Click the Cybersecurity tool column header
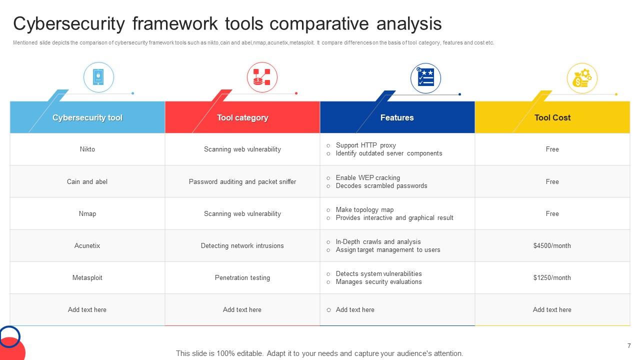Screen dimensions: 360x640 pos(87,118)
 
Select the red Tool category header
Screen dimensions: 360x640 pos(242,118)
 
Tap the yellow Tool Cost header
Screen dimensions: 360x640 pos(552,118)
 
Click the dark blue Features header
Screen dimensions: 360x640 pos(397,118)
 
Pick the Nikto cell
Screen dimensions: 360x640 pos(87,149)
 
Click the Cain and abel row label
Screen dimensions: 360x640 pos(87,181)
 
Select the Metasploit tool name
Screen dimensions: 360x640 pos(87,277)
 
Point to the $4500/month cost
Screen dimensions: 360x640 pos(552,245)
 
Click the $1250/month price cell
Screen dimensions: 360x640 pos(552,277)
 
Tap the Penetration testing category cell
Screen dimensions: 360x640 pos(242,277)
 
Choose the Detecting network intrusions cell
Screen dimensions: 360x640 pos(242,245)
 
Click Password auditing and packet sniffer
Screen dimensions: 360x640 pos(242,181)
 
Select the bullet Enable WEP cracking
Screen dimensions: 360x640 pos(367,177)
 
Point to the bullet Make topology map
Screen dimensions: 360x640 pos(364,209)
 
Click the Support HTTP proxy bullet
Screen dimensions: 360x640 pos(365,145)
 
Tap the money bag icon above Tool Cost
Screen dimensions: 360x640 pos(582,78)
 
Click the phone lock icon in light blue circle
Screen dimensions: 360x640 pos(98,77)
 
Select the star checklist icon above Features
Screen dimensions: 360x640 pos(425,77)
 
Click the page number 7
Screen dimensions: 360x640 pos(629,346)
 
